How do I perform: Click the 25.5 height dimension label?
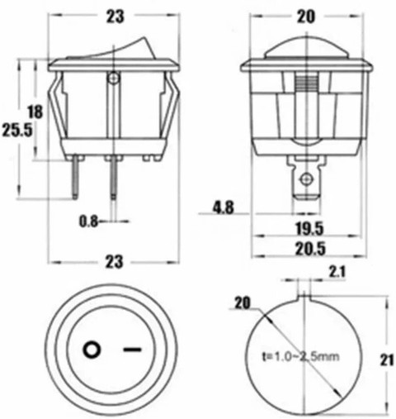tap(17, 130)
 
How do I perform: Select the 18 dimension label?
tap(35, 112)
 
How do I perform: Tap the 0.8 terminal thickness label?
tap(88, 221)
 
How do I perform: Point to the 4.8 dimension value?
tap(224, 207)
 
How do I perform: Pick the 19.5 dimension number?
tap(309, 228)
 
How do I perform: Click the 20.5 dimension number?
tap(310, 249)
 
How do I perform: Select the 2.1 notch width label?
tap(337, 272)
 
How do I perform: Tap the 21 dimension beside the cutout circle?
tap(388, 359)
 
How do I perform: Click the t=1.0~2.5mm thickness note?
tap(301, 357)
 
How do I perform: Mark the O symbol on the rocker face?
tap(92, 350)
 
